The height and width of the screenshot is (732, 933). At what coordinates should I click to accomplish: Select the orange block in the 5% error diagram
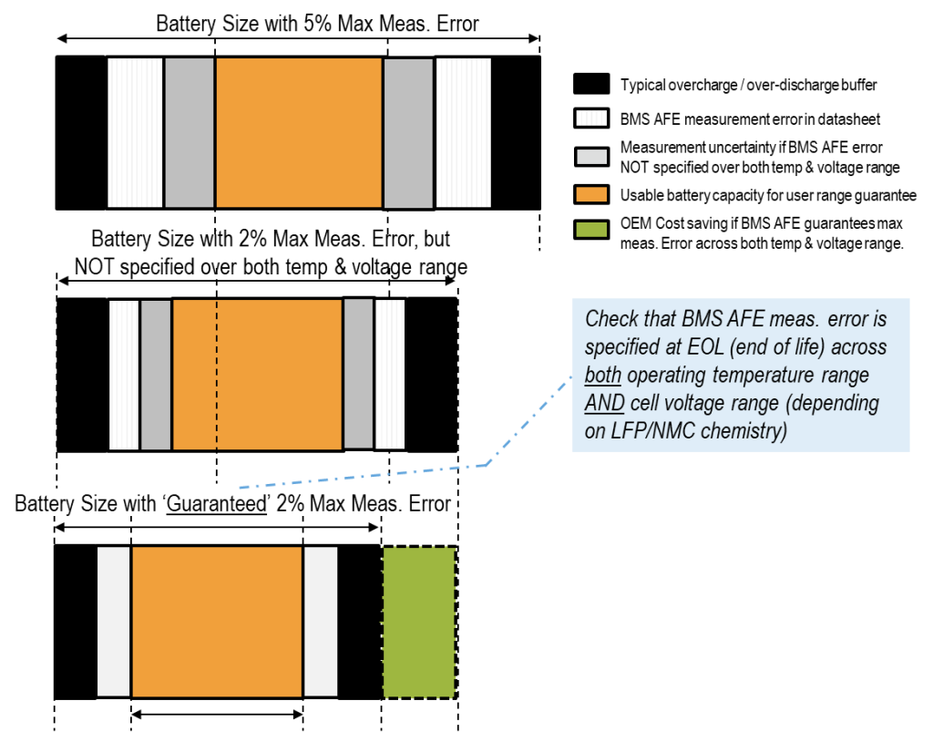pos(299,132)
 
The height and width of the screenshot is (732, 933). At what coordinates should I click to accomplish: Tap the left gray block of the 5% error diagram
pos(190,132)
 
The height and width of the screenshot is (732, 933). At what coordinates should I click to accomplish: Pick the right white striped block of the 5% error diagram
pos(463,132)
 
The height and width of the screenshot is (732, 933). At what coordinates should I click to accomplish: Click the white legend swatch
pos(591,118)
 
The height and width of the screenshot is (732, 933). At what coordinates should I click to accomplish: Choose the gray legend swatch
pos(591,156)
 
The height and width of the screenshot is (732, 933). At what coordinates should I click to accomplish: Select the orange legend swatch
pos(591,194)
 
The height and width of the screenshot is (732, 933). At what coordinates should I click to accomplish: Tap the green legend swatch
pos(591,229)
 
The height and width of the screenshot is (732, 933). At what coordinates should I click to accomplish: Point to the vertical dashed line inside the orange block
pos(217,374)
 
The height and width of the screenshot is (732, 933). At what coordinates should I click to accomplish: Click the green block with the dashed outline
pos(419,623)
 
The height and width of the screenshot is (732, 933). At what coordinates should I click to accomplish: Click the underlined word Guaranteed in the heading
pos(216,504)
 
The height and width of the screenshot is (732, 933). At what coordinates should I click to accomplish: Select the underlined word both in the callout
pos(602,376)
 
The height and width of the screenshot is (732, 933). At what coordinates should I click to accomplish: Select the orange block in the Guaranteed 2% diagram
pos(217,622)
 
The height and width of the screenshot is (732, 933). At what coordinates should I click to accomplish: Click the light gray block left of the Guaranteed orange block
pos(114,622)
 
